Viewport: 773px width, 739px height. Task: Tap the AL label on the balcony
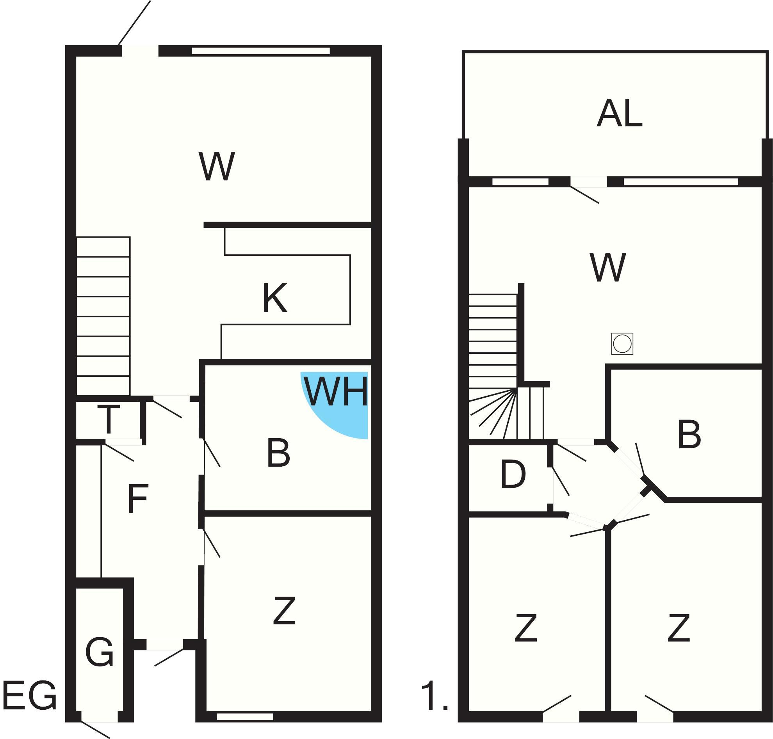click(619, 114)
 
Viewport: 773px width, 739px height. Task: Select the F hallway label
click(137, 498)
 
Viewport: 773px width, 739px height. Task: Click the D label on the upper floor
click(513, 475)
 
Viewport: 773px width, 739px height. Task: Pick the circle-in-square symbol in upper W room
click(622, 343)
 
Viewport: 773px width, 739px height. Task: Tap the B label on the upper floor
click(689, 435)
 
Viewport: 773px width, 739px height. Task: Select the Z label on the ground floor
click(284, 611)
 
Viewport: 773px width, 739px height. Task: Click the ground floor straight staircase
click(103, 316)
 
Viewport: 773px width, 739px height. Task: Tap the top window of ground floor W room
click(260, 51)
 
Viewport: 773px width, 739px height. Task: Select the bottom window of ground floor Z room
click(245, 716)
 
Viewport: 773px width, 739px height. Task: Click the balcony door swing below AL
click(584, 195)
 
